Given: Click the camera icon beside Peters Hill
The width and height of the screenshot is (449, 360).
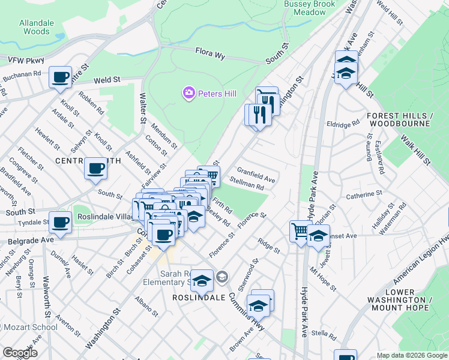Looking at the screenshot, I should (188, 93).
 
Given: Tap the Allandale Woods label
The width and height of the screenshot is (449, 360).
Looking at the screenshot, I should (34, 26).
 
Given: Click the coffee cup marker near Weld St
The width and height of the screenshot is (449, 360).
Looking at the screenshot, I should (61, 77).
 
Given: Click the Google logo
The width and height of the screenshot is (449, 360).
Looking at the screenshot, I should (19, 353).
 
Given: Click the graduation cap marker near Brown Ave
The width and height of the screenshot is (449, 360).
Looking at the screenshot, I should (258, 307).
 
